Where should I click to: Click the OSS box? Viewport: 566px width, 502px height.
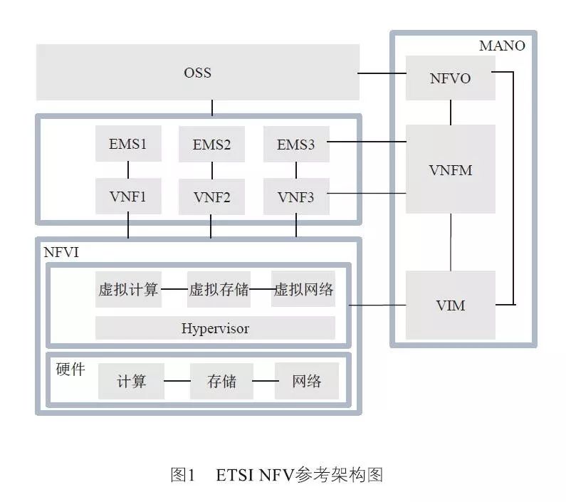point(197,73)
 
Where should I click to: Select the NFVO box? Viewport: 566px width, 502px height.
point(450,78)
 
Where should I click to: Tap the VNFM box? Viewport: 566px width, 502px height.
point(450,169)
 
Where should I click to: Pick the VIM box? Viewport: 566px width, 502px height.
point(450,305)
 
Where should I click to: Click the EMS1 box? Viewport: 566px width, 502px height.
point(128,144)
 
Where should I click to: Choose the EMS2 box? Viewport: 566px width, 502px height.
point(211,145)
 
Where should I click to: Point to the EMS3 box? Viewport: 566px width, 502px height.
point(295,145)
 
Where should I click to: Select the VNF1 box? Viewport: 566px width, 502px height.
point(128,197)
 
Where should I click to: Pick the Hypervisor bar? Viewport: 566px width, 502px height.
point(215,328)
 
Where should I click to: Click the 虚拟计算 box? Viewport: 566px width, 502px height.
point(128,289)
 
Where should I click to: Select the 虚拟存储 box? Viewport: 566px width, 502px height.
point(219,289)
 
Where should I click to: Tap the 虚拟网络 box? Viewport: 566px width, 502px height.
point(303,289)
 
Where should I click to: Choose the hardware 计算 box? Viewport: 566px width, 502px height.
point(131,381)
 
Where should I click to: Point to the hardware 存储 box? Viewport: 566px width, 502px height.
point(221,381)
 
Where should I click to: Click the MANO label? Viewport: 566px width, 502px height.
point(502,46)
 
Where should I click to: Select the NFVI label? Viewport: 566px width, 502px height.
point(61,253)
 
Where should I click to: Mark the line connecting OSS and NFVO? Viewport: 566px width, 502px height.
point(382,73)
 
